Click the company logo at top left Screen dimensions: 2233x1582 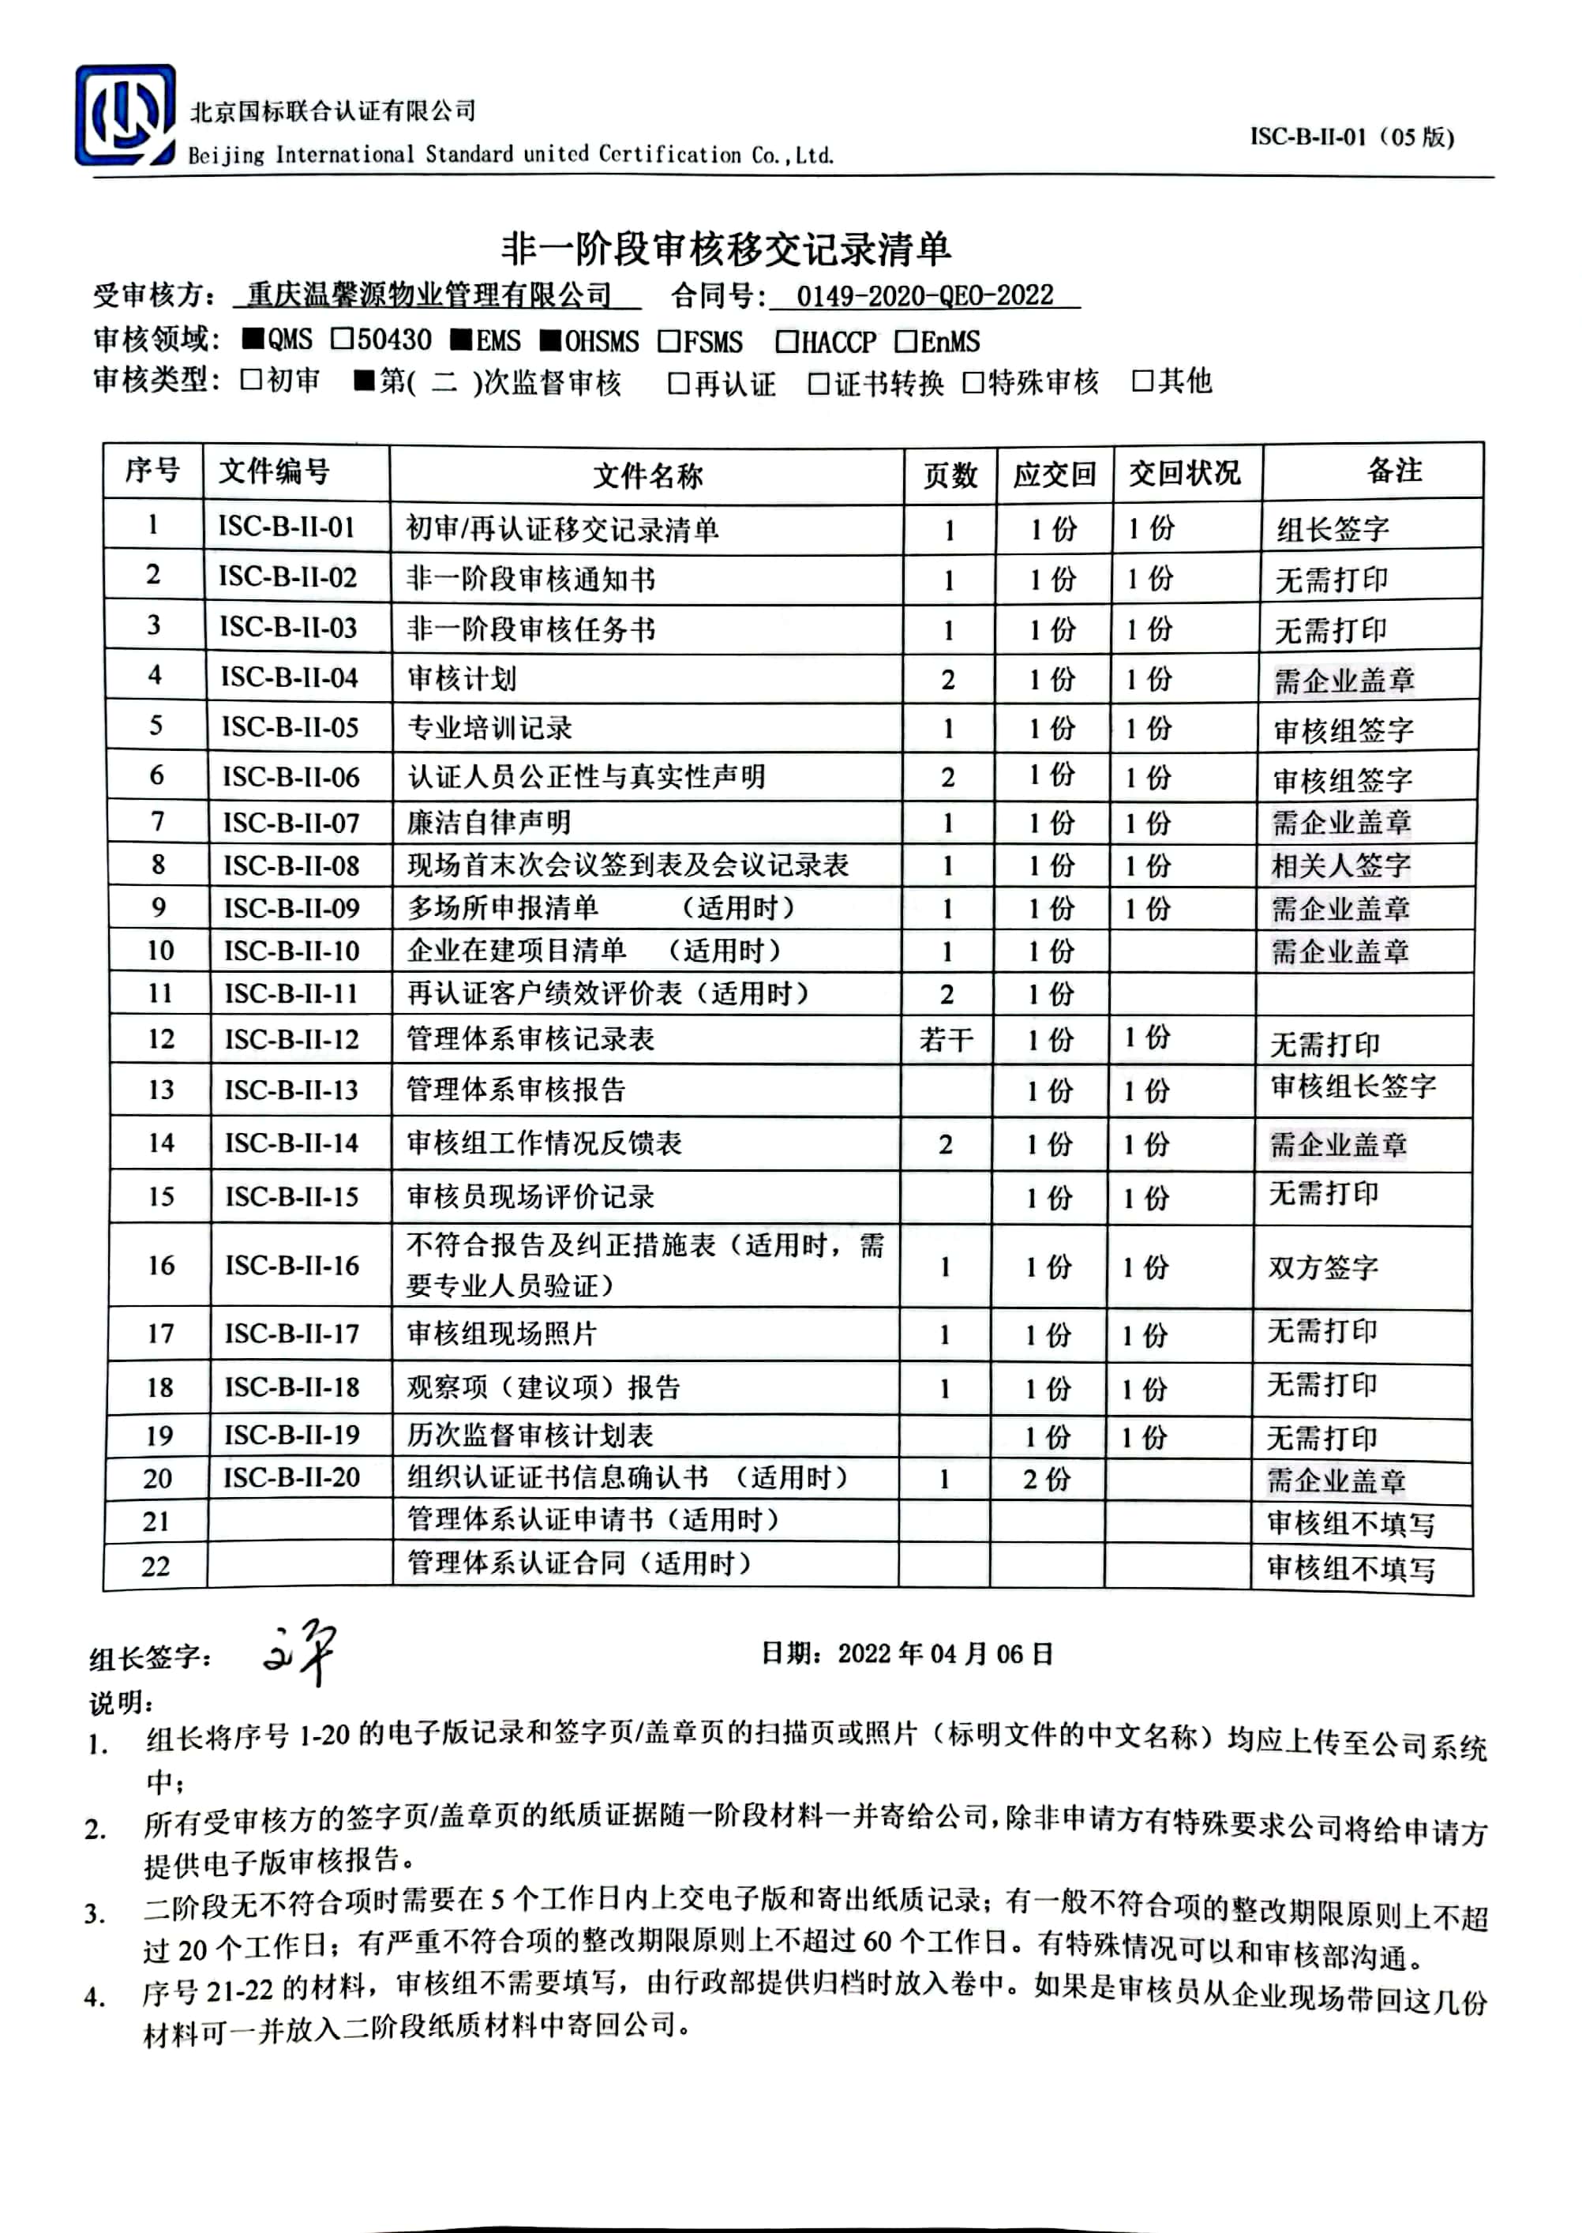126,116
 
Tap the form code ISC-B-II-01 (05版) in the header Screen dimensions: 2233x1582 1351,137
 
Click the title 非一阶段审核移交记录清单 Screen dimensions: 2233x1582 725,250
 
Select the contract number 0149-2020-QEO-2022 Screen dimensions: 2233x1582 924,295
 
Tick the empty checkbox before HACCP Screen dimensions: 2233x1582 786,342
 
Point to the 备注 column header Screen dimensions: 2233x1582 1394,471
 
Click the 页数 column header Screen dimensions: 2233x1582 950,475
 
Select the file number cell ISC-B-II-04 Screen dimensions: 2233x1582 289,677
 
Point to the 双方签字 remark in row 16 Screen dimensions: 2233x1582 1322,1267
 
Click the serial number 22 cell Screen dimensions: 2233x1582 156,1567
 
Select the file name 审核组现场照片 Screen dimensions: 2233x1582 502,1333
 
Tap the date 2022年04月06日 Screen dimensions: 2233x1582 945,1653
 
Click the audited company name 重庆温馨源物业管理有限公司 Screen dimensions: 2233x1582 429,295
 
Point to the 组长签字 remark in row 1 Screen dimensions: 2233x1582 1332,529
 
